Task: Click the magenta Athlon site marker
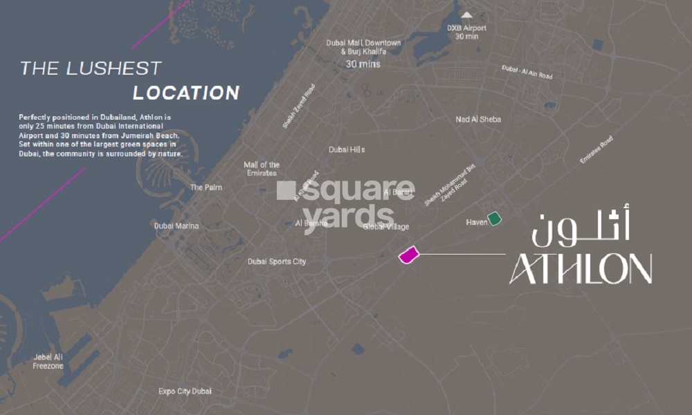tap(409, 255)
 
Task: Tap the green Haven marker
tap(494, 219)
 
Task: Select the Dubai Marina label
tap(176, 226)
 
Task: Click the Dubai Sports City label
tap(277, 261)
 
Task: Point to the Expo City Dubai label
tap(185, 391)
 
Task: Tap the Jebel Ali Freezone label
tap(48, 362)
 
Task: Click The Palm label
tap(206, 187)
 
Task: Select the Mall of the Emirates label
tap(262, 169)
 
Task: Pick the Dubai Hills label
tap(347, 149)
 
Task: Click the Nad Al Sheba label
tap(478, 120)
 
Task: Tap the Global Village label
tap(385, 227)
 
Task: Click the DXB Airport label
tap(467, 33)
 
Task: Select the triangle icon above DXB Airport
tap(467, 14)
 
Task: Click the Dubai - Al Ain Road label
tap(528, 72)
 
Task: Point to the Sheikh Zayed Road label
tap(299, 107)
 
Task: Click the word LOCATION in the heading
tap(186, 93)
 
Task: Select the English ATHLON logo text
tap(581, 269)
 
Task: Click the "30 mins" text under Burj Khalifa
tap(363, 64)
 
